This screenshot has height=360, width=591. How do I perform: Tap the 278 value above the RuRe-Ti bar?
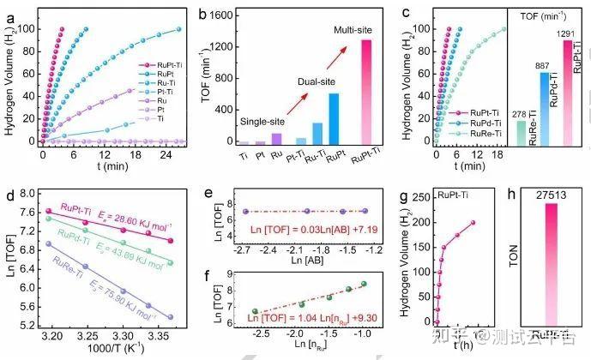click(x=520, y=114)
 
